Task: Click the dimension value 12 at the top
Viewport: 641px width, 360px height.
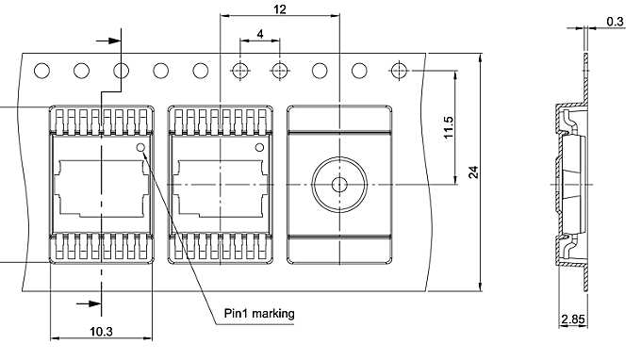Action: coord(279,8)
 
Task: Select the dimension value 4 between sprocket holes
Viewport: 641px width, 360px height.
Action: coord(260,34)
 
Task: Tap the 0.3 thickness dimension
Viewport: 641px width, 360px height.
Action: coord(615,20)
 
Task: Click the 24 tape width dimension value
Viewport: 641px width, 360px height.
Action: coord(474,172)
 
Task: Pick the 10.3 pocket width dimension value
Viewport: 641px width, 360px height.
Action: coord(100,332)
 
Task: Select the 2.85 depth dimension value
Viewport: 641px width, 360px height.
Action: coord(572,320)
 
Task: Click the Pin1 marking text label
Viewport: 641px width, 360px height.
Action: coord(259,314)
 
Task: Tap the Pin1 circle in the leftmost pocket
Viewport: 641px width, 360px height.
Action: coord(141,148)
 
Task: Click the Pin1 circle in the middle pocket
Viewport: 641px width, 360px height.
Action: coord(258,148)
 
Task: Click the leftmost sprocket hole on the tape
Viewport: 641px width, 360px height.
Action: coord(41,71)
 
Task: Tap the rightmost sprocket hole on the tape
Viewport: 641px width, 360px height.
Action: coord(400,71)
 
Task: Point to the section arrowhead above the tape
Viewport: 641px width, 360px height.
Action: coord(116,41)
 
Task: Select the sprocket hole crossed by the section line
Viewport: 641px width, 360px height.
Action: coord(122,71)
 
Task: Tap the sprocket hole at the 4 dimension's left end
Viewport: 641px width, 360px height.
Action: coord(240,71)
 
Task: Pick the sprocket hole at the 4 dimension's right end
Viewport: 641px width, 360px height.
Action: coord(280,71)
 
